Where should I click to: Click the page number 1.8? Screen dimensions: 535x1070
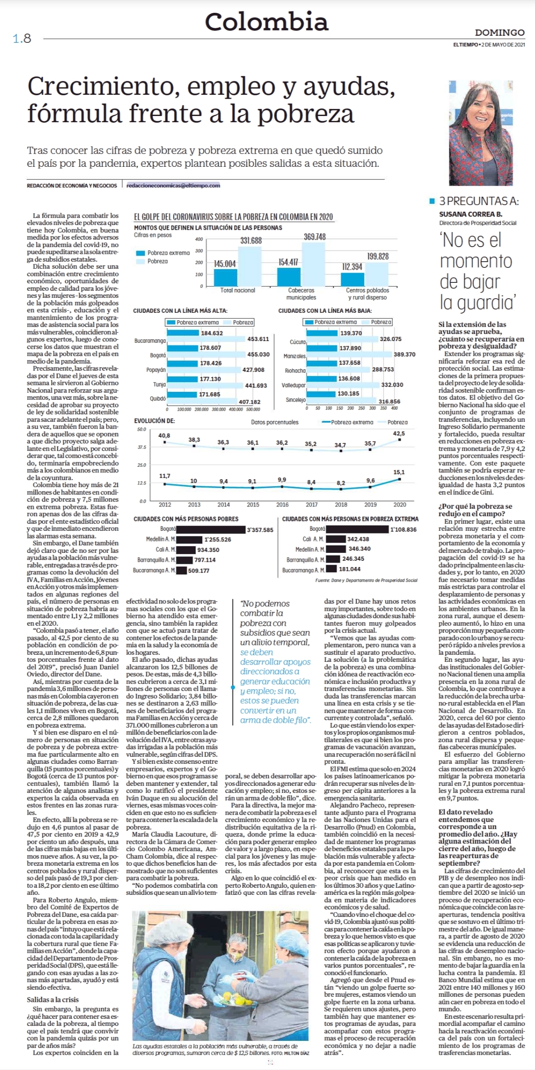click(x=22, y=39)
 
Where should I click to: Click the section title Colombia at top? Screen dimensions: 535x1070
click(x=267, y=22)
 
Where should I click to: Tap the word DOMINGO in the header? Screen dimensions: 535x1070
click(x=500, y=33)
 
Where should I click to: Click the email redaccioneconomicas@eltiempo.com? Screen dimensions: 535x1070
click(x=173, y=186)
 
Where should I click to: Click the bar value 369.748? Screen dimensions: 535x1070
click(x=315, y=237)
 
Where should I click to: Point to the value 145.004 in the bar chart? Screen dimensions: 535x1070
click(x=225, y=264)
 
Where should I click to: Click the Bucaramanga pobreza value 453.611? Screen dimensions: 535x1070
click(x=258, y=339)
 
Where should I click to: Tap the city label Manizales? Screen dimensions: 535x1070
click(x=294, y=356)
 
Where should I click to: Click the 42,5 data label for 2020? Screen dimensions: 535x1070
click(x=399, y=434)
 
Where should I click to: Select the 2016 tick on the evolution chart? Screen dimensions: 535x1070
click(x=283, y=504)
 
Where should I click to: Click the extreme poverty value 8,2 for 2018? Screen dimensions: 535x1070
click(x=341, y=483)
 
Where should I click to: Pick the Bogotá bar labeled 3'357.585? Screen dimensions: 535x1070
click(x=211, y=529)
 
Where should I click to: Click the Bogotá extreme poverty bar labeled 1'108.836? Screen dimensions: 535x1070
click(x=357, y=529)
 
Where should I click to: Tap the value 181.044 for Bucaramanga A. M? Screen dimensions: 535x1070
click(x=350, y=569)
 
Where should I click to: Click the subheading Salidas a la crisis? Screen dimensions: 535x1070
click(x=53, y=1000)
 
